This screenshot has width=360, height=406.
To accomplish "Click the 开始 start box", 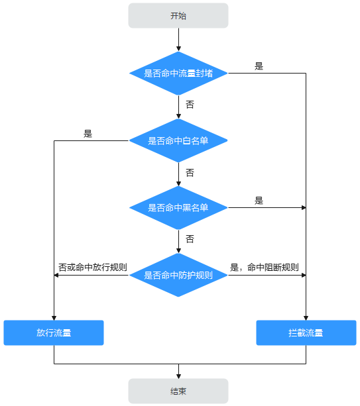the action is (178, 15).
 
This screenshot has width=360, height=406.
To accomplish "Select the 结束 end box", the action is (178, 391).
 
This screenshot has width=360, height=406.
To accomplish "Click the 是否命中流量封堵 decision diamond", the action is (178, 74).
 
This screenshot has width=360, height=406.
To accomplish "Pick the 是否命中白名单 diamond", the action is (178, 140).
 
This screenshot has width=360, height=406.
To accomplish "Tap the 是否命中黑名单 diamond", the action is (178, 208).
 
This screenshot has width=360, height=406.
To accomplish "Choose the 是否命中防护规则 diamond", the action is (178, 275).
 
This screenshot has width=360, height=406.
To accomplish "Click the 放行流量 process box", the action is (54, 332).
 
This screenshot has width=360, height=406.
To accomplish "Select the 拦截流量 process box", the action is (306, 332).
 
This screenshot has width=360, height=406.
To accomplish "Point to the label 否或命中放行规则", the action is (93, 267).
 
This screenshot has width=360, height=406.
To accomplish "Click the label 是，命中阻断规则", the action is (265, 267).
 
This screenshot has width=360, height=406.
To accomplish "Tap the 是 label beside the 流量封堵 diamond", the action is (259, 66).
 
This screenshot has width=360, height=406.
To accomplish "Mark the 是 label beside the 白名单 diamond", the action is (88, 134).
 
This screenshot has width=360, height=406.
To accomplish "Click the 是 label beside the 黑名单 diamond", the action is (259, 201).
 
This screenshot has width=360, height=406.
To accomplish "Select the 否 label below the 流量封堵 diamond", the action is (190, 105).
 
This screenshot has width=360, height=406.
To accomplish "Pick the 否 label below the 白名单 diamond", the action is (190, 172).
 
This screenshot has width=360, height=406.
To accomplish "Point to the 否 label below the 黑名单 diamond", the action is (190, 239).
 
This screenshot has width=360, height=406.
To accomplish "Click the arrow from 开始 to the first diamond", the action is (178, 40).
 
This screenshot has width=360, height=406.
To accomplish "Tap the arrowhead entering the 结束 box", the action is (178, 376).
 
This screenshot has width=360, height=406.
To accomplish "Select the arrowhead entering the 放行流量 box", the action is (54, 318).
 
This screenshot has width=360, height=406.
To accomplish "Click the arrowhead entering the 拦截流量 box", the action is (306, 318).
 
